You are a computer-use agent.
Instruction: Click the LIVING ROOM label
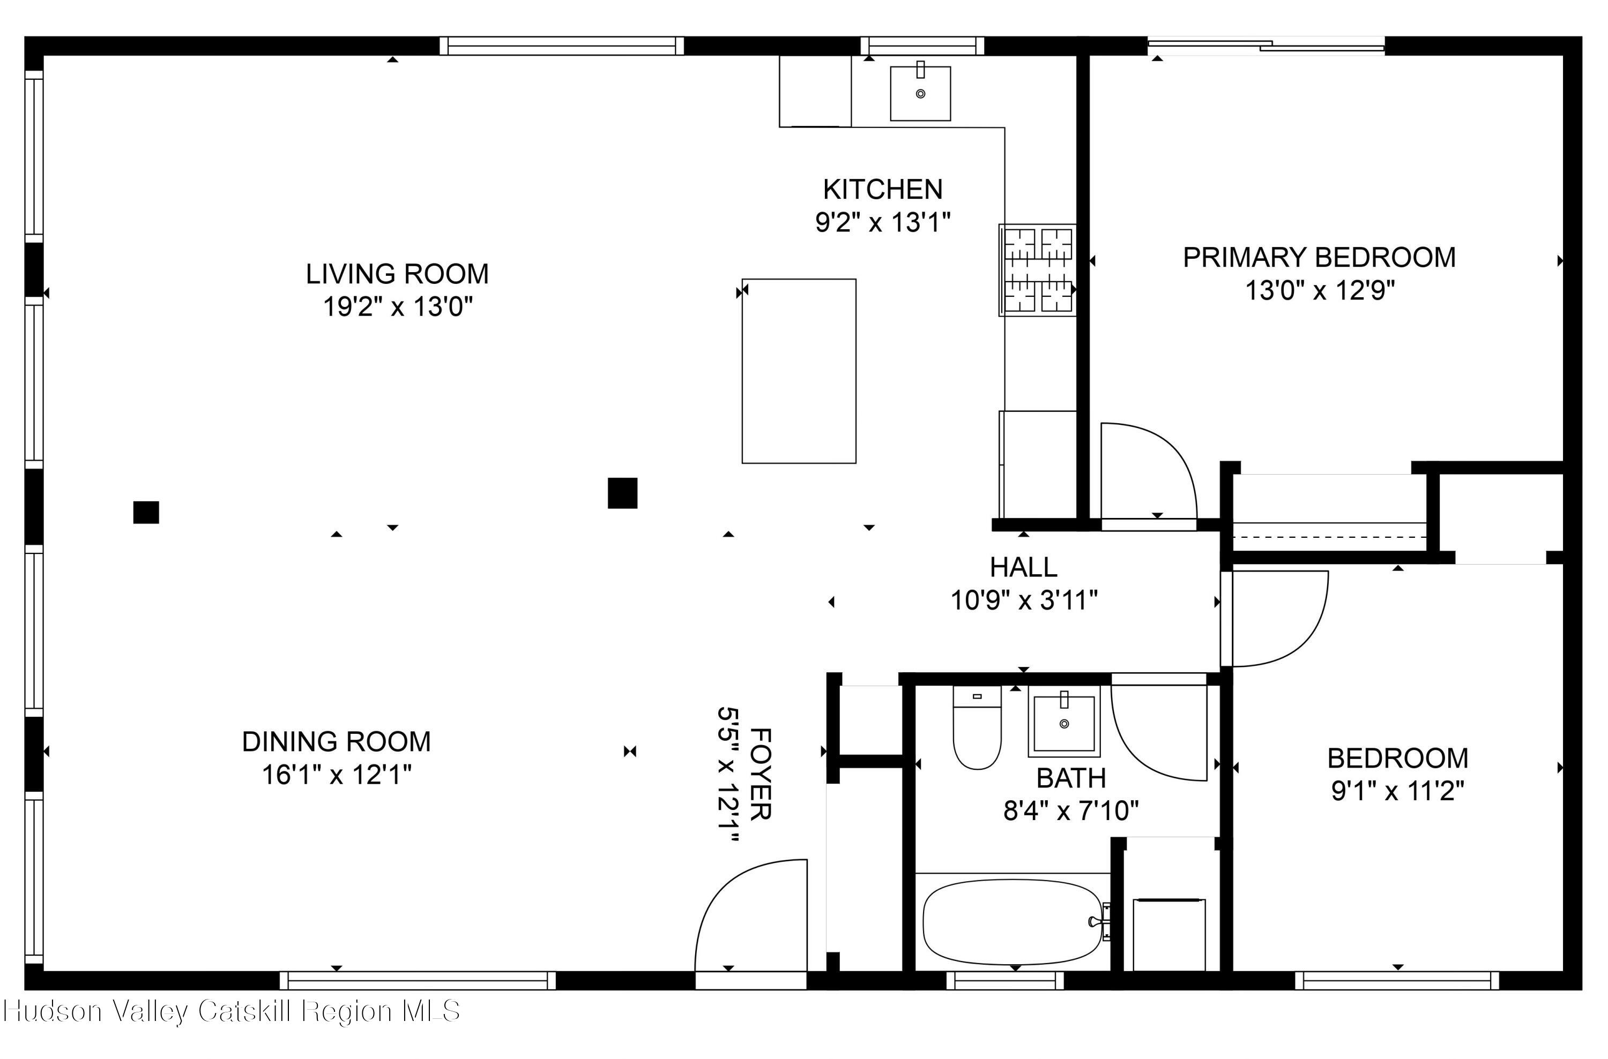tap(397, 274)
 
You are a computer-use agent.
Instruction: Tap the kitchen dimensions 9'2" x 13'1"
tap(882, 222)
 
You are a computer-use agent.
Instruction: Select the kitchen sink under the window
tap(920, 93)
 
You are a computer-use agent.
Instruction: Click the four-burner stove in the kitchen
tap(1037, 270)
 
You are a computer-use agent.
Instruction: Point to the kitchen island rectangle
tap(799, 371)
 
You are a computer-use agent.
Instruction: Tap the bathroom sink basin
tap(1064, 723)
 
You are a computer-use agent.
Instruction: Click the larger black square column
tap(622, 493)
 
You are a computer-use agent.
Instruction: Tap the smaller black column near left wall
tap(146, 513)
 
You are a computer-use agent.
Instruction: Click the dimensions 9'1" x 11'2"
tap(1397, 791)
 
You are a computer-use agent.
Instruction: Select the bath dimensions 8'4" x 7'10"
tap(1071, 810)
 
